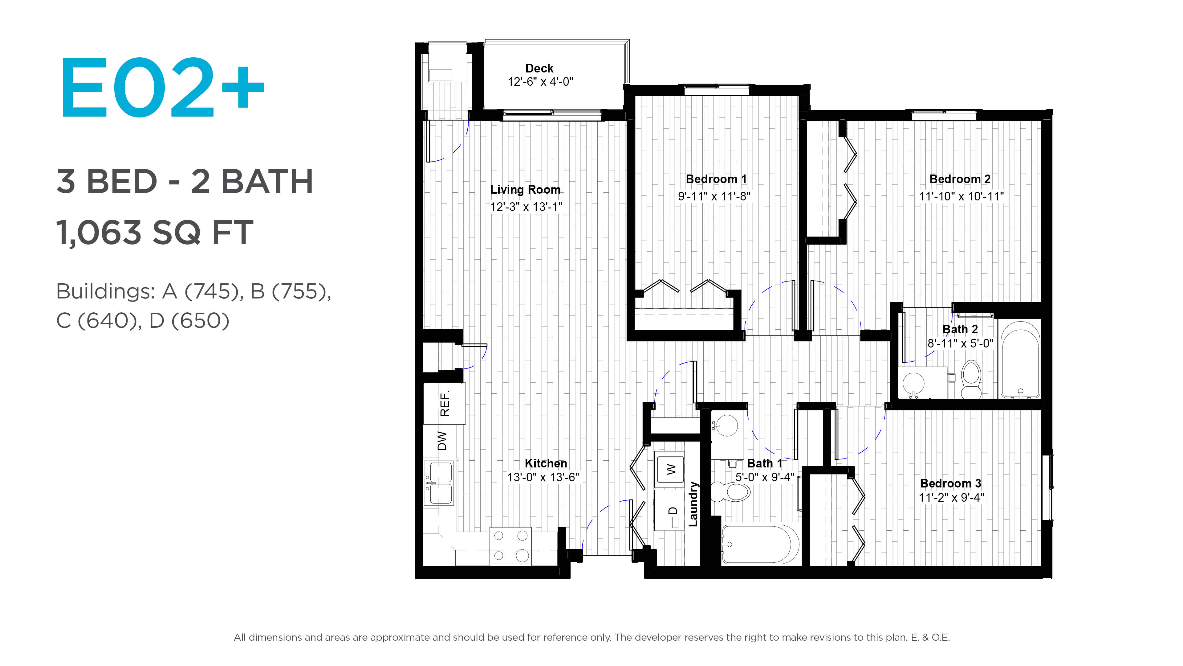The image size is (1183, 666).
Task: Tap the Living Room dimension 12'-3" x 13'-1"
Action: (526, 207)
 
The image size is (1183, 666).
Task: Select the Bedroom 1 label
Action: (716, 179)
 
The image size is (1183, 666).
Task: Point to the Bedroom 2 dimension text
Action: (961, 196)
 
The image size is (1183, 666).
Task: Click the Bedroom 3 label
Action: (951, 483)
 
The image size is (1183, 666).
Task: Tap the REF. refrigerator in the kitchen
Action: (444, 403)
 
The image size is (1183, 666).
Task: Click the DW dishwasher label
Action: (442, 441)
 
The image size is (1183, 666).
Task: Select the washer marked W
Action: (670, 469)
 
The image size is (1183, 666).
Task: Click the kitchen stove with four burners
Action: (510, 546)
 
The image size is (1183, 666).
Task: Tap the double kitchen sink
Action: (440, 483)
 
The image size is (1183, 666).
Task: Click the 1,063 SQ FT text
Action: (155, 232)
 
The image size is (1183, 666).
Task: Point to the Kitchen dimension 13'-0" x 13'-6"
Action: (543, 478)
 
